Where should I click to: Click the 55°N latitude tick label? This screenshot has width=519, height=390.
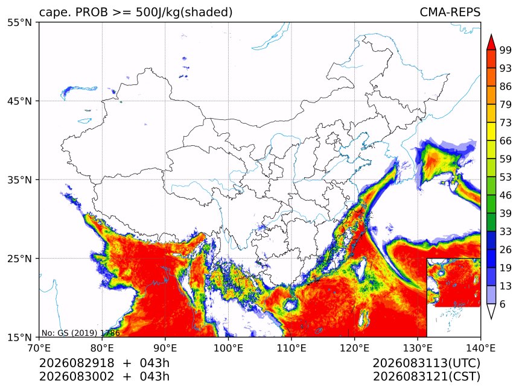[x=19, y=22]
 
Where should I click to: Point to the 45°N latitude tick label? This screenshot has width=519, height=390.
[x=19, y=101]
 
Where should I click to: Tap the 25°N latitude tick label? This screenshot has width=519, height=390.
[x=19, y=259]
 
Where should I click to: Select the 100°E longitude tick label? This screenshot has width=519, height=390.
[x=228, y=348]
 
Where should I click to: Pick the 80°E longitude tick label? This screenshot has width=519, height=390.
[x=102, y=348]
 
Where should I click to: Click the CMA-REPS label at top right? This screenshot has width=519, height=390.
[x=450, y=12]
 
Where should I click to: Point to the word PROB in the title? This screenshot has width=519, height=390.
[x=92, y=12]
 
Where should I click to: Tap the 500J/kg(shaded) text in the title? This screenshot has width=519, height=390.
[x=184, y=13]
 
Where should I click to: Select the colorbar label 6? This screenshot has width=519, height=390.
[x=503, y=304]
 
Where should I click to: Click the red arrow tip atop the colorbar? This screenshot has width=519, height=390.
[x=491, y=34]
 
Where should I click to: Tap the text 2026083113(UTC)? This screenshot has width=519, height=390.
[x=426, y=363]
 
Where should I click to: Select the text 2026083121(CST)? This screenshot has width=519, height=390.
[x=426, y=377]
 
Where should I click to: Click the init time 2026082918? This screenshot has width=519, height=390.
[x=77, y=363]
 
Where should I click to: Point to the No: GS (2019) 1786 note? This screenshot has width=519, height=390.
[x=80, y=333]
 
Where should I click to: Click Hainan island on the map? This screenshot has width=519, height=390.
[x=290, y=304]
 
